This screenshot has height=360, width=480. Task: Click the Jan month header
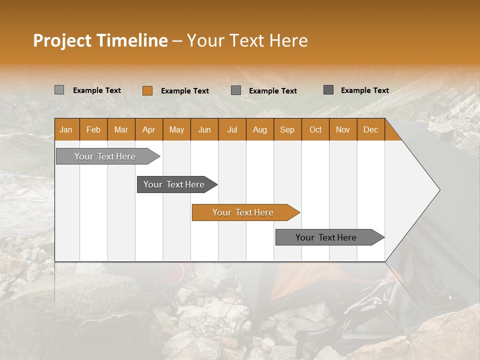point(66,129)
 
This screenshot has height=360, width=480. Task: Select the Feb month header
point(93,129)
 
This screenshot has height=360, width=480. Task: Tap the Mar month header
point(121,129)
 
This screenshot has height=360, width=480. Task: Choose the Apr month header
point(149,129)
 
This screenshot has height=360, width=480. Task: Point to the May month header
point(176,129)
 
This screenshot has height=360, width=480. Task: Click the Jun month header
point(204,129)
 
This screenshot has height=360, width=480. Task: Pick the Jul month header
point(232,129)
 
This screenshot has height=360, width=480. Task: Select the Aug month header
point(260,129)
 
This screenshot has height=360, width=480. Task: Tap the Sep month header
point(287,129)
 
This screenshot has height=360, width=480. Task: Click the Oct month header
point(315,129)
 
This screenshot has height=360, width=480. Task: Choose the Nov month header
point(343,129)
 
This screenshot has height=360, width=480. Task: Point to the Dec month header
point(371,129)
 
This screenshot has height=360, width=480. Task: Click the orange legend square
point(147,90)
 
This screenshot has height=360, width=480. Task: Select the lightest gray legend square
point(59,90)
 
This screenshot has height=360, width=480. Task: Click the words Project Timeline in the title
point(100,40)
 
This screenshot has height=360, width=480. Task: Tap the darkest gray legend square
point(328,90)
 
